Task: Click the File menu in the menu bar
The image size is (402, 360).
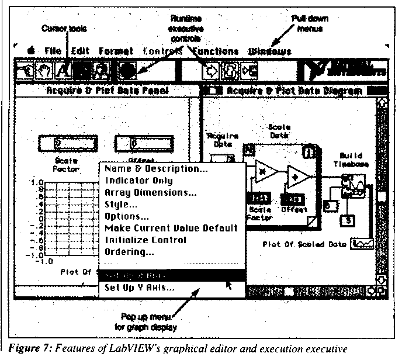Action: (53, 51)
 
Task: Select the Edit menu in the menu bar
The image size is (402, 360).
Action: (80, 51)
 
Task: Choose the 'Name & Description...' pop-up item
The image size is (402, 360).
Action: (155, 169)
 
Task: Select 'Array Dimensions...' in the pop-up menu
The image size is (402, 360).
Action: (150, 192)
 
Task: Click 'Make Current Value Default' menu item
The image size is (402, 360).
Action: (171, 227)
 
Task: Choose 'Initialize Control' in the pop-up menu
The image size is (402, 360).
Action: (145, 240)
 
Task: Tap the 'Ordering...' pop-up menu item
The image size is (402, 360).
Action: (129, 252)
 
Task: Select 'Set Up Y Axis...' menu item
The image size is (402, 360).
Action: (138, 287)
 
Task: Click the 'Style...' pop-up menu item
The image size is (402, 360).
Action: (121, 204)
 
